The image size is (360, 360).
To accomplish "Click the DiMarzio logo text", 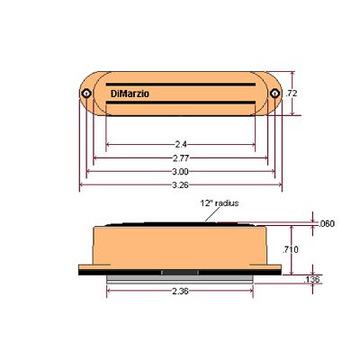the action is [x=130, y=94].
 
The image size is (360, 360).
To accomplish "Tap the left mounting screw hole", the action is [x=86, y=94].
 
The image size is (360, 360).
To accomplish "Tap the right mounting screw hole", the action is [x=274, y=94].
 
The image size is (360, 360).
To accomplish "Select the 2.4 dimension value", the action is [x=181, y=145].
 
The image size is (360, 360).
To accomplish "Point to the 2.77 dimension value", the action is [x=181, y=158].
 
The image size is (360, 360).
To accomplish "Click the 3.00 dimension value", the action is [x=181, y=172].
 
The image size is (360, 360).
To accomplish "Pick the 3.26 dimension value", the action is [x=181, y=185].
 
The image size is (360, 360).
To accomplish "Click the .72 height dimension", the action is [x=291, y=94].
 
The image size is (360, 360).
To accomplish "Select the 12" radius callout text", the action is [x=220, y=203].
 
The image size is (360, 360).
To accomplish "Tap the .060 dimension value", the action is [x=326, y=224].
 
